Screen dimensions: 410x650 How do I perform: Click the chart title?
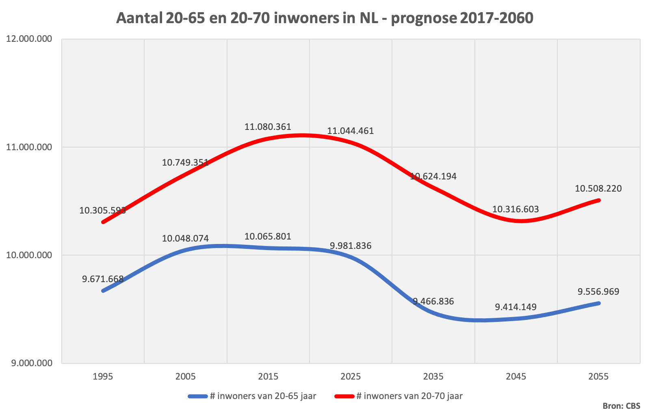click(325, 18)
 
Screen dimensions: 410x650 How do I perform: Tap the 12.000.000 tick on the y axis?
click(29, 39)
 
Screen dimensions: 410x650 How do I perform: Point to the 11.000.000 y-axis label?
click(29, 147)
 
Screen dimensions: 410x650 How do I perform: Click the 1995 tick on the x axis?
click(103, 376)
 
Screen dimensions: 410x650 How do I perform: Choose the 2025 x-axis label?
click(351, 376)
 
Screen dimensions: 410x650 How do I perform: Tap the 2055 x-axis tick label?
click(598, 376)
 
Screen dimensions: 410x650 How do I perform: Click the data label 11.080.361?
click(268, 127)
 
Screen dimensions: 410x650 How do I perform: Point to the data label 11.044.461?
click(350, 131)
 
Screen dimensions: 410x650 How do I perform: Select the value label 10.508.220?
click(598, 188)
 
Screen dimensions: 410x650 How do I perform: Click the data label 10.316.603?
click(516, 209)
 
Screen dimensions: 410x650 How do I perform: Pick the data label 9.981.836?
click(351, 246)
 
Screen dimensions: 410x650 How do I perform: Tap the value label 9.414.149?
click(516, 307)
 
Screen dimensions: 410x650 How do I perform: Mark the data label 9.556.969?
click(598, 291)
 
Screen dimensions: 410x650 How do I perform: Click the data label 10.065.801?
click(268, 236)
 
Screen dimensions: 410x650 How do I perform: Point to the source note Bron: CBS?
click(621, 406)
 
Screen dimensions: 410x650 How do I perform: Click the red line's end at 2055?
click(599, 200)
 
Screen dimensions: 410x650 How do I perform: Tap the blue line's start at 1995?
click(103, 291)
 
